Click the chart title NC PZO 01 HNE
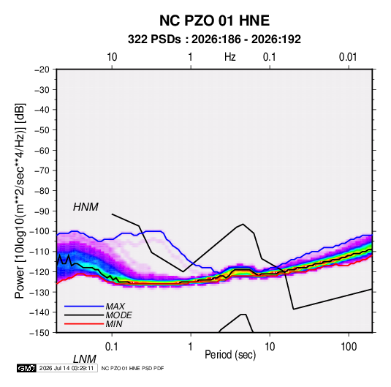pyautogui.click(x=214, y=20)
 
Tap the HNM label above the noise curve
pyautogui.click(x=86, y=207)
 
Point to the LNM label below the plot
pyautogui.click(x=84, y=359)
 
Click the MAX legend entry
pyautogui.click(x=115, y=306)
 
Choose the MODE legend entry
pyautogui.click(x=118, y=315)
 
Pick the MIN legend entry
pyautogui.click(x=114, y=324)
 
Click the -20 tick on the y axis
pyautogui.click(x=42, y=69)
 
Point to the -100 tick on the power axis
pyautogui.click(x=39, y=231)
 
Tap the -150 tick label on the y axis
pyautogui.click(x=39, y=333)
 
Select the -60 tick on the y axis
pyautogui.click(x=42, y=150)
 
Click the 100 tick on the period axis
pyautogui.click(x=349, y=347)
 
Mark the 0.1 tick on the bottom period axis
pyautogui.click(x=112, y=347)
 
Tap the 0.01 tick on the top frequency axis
pyautogui.click(x=348, y=57)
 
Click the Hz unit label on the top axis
pyautogui.click(x=230, y=57)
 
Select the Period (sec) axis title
pyautogui.click(x=230, y=355)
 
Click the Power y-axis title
pyautogui.click(x=20, y=201)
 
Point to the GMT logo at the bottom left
pyautogui.click(x=26, y=368)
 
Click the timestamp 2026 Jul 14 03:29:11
pyautogui.click(x=67, y=368)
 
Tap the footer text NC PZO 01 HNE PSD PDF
pyautogui.click(x=133, y=368)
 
